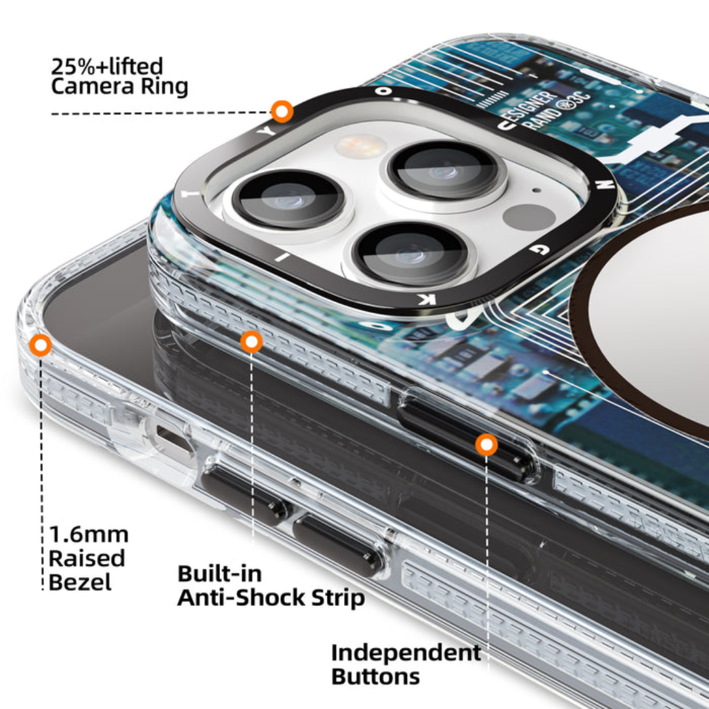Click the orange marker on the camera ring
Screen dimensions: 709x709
point(282,112)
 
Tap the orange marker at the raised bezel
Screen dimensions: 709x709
point(41,345)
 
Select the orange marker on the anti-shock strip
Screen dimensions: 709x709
point(251,341)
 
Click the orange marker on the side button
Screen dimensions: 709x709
point(486,445)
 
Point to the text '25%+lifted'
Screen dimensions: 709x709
point(107,66)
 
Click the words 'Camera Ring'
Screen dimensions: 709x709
point(119,87)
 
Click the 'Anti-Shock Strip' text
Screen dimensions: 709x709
point(271,598)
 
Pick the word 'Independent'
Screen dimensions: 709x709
point(406,653)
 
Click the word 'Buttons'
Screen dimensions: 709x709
point(376,676)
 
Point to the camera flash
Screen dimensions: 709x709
point(360,146)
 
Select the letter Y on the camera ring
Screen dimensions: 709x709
point(267,131)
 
